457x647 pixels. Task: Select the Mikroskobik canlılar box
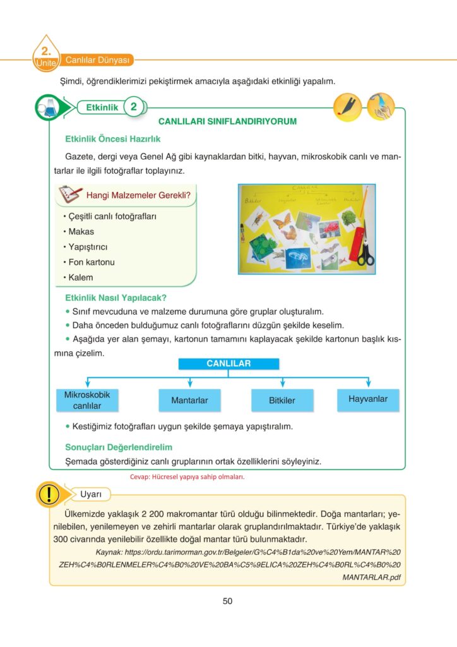click(86, 400)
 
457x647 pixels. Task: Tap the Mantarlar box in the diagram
click(189, 401)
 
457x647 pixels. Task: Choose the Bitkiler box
click(282, 401)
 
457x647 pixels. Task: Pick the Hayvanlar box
click(367, 399)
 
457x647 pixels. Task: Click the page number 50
click(228, 601)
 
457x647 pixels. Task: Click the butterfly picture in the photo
click(282, 221)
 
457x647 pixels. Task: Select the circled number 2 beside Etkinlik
click(133, 107)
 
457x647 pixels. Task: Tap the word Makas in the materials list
click(81, 232)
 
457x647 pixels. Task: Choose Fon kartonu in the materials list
click(92, 262)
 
